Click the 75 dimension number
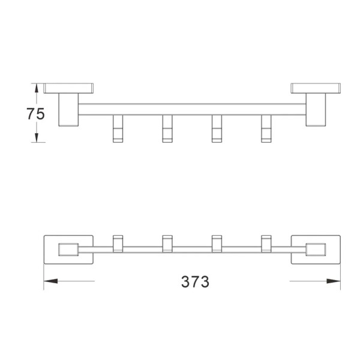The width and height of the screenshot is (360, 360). pyautogui.click(x=35, y=113)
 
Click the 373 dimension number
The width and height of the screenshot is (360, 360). pyautogui.click(x=195, y=282)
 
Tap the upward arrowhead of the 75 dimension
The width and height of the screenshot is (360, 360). pyautogui.click(x=37, y=88)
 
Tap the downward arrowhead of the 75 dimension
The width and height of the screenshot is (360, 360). pyautogui.click(x=37, y=138)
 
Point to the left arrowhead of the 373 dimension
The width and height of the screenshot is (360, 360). pyautogui.click(x=51, y=281)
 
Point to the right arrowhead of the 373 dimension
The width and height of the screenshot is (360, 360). pyautogui.click(x=334, y=281)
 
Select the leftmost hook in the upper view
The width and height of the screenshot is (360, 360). pyautogui.click(x=118, y=128)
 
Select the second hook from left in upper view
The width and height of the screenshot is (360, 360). pyautogui.click(x=167, y=128)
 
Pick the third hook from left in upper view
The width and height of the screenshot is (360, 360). pyautogui.click(x=217, y=128)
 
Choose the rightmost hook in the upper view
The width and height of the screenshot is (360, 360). pyautogui.click(x=266, y=128)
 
